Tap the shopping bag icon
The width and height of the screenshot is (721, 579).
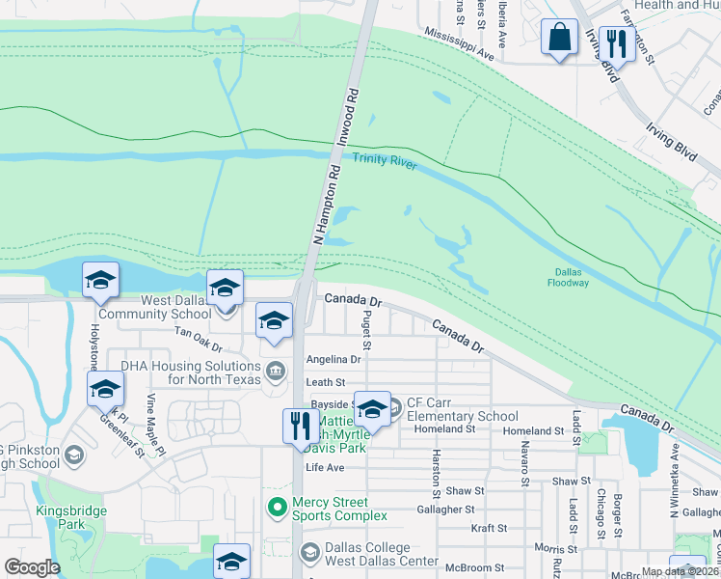[559, 39]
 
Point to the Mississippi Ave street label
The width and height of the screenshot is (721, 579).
[459, 44]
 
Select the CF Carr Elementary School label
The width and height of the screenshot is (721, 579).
[462, 410]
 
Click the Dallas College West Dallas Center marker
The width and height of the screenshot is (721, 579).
[309, 552]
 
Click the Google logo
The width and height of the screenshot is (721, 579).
[32, 567]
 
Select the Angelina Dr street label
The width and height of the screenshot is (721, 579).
[333, 359]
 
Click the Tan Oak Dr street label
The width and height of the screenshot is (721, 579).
[198, 339]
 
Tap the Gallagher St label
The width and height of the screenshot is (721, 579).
[445, 509]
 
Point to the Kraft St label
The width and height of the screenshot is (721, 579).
[489, 528]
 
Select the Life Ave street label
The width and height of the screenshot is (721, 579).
[325, 467]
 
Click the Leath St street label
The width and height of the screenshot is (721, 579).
[326, 383]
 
